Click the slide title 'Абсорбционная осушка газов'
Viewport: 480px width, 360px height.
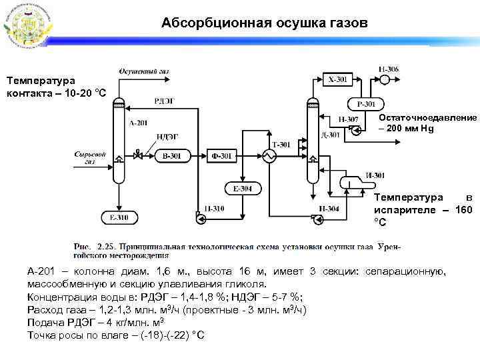264,24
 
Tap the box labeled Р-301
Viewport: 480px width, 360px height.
365,104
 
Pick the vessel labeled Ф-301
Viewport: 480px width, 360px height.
221,156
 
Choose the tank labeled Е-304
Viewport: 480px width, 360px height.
243,189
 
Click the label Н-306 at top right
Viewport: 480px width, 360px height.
389,69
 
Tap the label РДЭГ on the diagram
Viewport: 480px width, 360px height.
164,101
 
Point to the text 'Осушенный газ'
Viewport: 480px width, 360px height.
143,71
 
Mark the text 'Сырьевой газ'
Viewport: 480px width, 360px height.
90,158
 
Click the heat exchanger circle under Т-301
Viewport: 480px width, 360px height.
270,157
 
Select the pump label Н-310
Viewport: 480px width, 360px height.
214,209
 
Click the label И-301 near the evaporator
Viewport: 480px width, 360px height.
375,175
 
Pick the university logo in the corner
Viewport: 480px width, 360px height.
26,25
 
